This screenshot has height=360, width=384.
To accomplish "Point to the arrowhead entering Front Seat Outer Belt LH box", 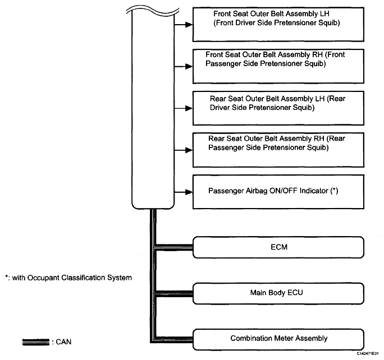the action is [x=189, y=25].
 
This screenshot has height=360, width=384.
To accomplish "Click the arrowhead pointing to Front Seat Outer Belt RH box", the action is [x=189, y=66].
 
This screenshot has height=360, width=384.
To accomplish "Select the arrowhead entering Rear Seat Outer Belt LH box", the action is [x=189, y=108].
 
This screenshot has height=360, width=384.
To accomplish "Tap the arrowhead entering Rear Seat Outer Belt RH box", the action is [x=189, y=150].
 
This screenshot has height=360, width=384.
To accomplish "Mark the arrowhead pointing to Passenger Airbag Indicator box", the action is [x=189, y=192].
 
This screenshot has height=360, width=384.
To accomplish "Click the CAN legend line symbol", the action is [x=36, y=342].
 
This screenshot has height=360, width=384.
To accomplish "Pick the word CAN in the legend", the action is [x=63, y=342].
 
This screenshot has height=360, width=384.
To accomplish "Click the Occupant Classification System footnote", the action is [x=68, y=278].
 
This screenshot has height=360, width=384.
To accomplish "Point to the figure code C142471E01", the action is [x=367, y=354].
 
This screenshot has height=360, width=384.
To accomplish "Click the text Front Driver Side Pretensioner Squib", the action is [x=277, y=23].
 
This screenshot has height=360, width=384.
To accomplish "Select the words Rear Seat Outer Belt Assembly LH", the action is [x=267, y=99].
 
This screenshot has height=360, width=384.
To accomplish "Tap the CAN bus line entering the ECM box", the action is [x=175, y=247].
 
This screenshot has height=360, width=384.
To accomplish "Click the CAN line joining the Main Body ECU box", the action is [x=175, y=293].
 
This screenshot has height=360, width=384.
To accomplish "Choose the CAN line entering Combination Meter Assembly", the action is [x=175, y=339].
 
